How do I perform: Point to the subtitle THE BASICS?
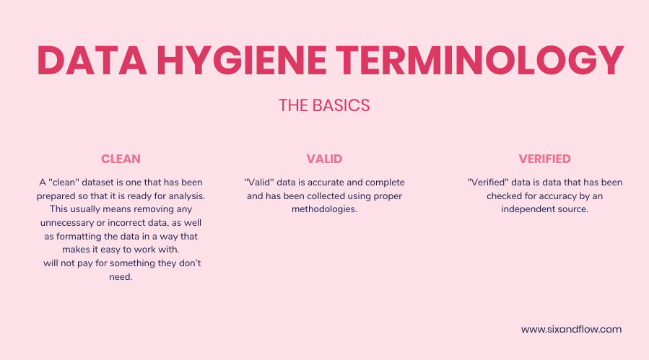[324, 105]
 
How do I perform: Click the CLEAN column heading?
[121, 159]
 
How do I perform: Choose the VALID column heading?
[324, 159]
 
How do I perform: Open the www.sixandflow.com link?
[571, 329]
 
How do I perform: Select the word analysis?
[186, 196]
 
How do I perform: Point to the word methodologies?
[324, 209]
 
